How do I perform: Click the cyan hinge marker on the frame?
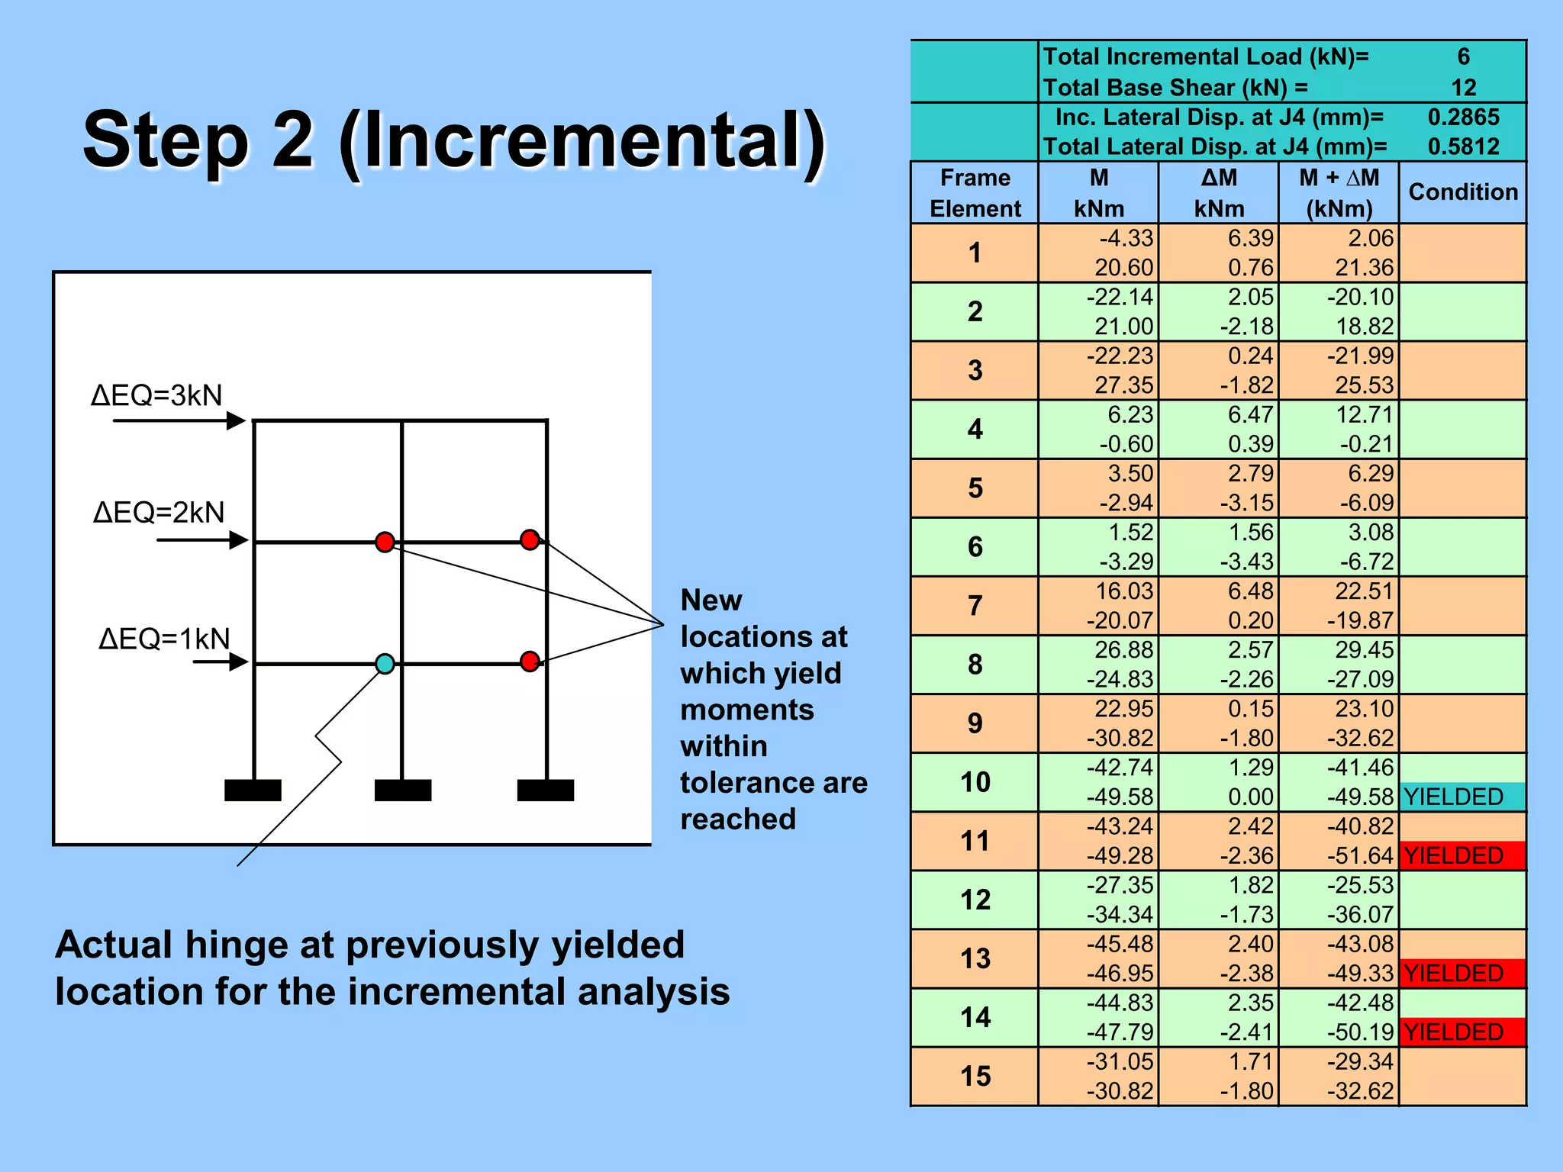click(x=385, y=663)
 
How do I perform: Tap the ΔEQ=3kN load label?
click(x=156, y=395)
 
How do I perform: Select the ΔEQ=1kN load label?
click(x=164, y=638)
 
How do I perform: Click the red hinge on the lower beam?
click(x=530, y=661)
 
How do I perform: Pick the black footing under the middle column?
click(x=403, y=790)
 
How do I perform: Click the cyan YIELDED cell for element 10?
click(x=1461, y=797)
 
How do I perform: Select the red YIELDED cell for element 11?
click(x=1461, y=855)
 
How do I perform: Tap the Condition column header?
click(x=1462, y=192)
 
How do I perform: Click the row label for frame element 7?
click(x=975, y=606)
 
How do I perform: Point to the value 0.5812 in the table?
click(x=1463, y=146)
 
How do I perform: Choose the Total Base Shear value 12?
click(x=1463, y=88)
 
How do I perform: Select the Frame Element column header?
click(x=975, y=193)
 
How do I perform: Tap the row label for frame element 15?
click(x=975, y=1076)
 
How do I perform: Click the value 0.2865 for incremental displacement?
click(x=1463, y=118)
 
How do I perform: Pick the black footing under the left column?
click(x=253, y=790)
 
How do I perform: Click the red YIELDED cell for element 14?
click(x=1461, y=1032)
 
